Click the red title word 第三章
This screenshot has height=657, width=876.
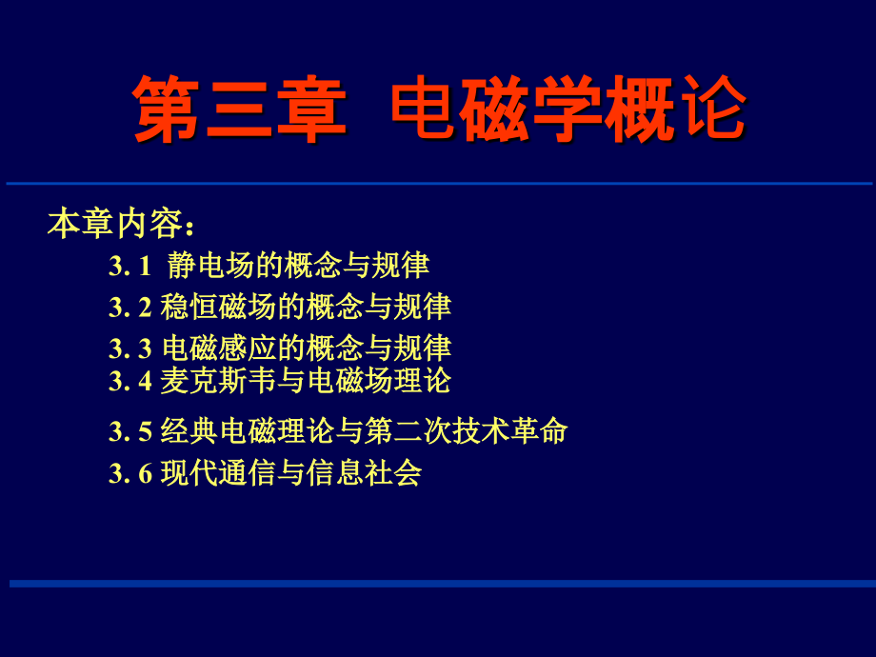240,109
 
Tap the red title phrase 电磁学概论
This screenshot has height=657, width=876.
568,109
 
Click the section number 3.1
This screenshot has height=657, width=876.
129,266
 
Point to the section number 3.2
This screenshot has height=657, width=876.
129,308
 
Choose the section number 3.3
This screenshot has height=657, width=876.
129,349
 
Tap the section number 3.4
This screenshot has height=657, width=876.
129,382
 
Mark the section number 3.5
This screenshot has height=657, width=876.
129,432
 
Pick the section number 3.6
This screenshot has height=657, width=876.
129,474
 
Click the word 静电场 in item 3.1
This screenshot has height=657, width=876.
210,266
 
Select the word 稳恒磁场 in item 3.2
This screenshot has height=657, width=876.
218,307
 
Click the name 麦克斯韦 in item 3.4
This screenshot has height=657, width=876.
218,381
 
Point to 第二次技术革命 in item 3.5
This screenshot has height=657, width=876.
466,431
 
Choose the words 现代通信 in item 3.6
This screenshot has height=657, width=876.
218,473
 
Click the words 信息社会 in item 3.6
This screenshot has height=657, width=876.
365,473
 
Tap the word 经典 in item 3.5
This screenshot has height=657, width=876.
189,431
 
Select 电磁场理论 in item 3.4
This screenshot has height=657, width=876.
379,381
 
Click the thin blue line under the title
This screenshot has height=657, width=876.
439,183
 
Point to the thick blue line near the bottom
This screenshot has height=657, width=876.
443,584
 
